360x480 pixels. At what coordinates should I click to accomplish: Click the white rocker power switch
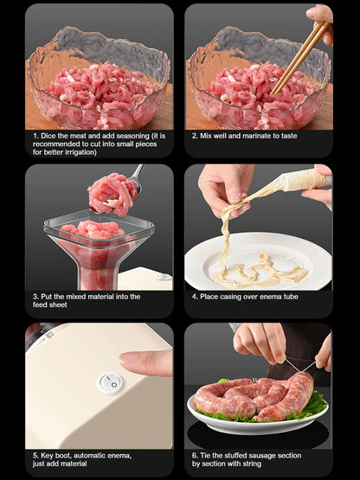[x=110, y=383]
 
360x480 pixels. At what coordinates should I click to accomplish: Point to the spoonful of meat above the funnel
[x=112, y=194]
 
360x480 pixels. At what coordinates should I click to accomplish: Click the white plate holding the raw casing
[x=258, y=261]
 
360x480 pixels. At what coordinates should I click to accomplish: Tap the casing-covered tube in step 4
[x=305, y=180]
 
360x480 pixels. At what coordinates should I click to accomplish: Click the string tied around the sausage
[x=300, y=366]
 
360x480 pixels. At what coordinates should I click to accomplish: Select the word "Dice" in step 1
[x=48, y=136]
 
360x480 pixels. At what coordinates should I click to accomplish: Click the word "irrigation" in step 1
[x=80, y=152]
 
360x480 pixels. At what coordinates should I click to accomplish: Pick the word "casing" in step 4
[x=227, y=297]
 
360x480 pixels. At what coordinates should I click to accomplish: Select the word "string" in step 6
[x=251, y=464]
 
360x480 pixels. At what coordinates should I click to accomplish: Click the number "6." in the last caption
[x=195, y=456]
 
